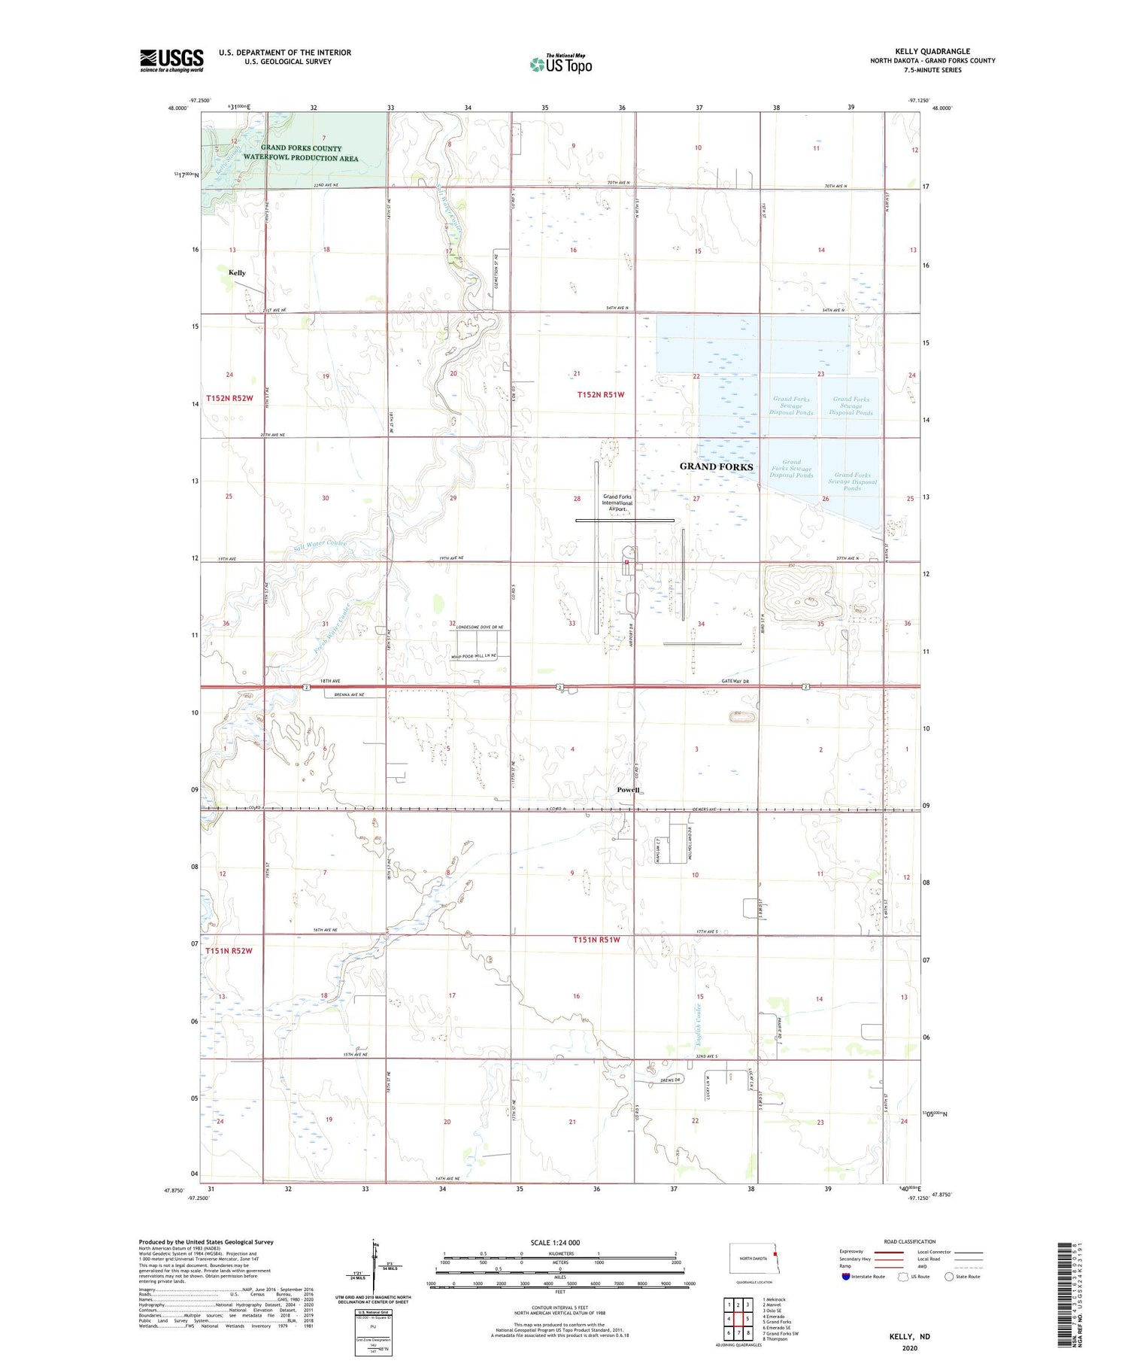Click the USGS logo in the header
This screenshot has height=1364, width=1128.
[171, 60]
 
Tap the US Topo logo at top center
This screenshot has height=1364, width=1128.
[561, 65]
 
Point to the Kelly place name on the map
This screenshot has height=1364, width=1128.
[237, 273]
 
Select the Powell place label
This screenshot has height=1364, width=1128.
[628, 790]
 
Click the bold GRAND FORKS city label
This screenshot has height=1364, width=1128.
[716, 466]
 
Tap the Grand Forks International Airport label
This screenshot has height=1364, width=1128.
[617, 503]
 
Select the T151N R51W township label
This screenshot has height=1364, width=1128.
[597, 940]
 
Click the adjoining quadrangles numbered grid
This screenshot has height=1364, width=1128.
[738, 1319]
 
